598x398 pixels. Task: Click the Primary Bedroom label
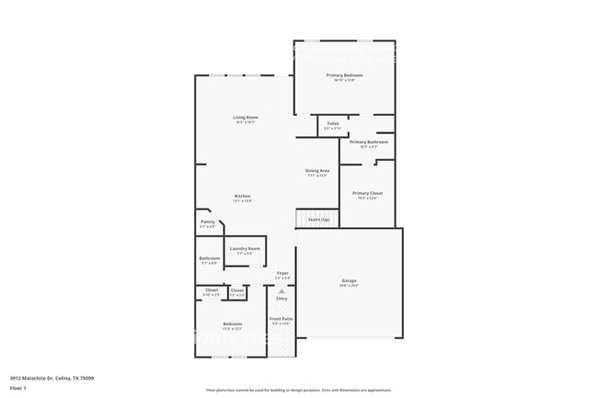[x=348, y=75]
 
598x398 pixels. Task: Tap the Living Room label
[x=245, y=118]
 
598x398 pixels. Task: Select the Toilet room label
[x=332, y=124]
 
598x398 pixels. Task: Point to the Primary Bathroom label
[x=368, y=142]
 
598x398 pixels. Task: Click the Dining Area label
[x=317, y=171]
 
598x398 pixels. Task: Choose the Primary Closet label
[x=367, y=193]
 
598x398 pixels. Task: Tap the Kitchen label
[x=242, y=197]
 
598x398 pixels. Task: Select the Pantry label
[x=207, y=222]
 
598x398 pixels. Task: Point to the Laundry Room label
[x=245, y=249]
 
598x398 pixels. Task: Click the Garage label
[x=349, y=280]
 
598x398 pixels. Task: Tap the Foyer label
[x=282, y=273]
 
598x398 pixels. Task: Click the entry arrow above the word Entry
[x=282, y=290]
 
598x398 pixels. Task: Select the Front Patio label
[x=282, y=321]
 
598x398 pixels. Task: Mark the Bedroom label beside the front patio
[x=232, y=324]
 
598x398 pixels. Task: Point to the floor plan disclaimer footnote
[x=298, y=391]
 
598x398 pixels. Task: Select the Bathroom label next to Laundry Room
[x=209, y=258]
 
